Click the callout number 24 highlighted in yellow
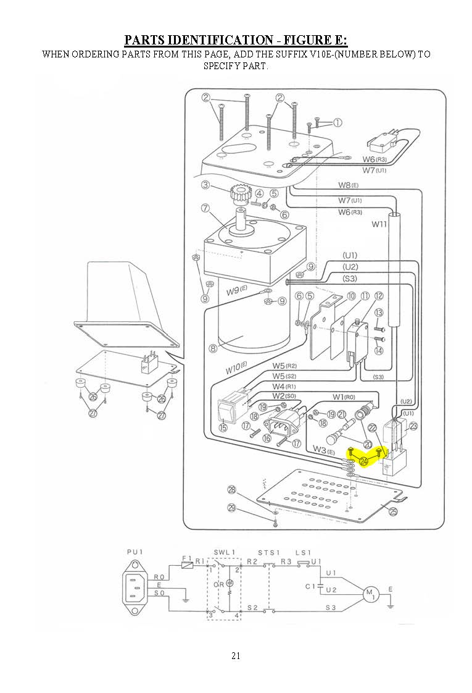(363, 461)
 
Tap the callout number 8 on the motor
(213, 348)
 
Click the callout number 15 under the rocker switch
(223, 427)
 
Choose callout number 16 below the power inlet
(267, 438)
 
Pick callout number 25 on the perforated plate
(393, 510)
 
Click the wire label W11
(379, 224)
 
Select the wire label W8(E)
(348, 185)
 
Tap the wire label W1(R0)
(344, 396)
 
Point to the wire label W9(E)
(236, 290)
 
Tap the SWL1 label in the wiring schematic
(222, 552)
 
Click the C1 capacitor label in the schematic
(310, 586)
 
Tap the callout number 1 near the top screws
(337, 122)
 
